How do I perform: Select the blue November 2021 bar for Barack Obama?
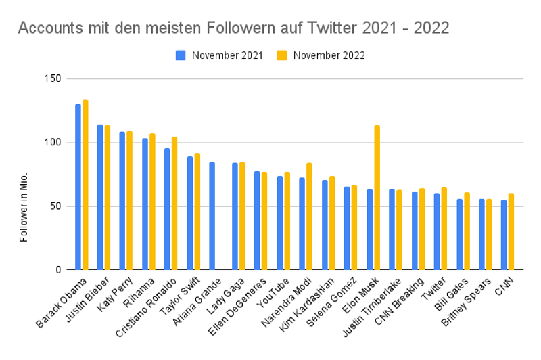[78, 187]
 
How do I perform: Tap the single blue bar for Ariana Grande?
[212, 216]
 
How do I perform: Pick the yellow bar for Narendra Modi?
[310, 217]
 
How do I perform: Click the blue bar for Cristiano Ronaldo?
[167, 209]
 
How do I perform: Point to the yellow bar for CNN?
[511, 231]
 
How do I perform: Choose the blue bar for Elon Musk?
[370, 229]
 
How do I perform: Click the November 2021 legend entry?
[220, 55]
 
